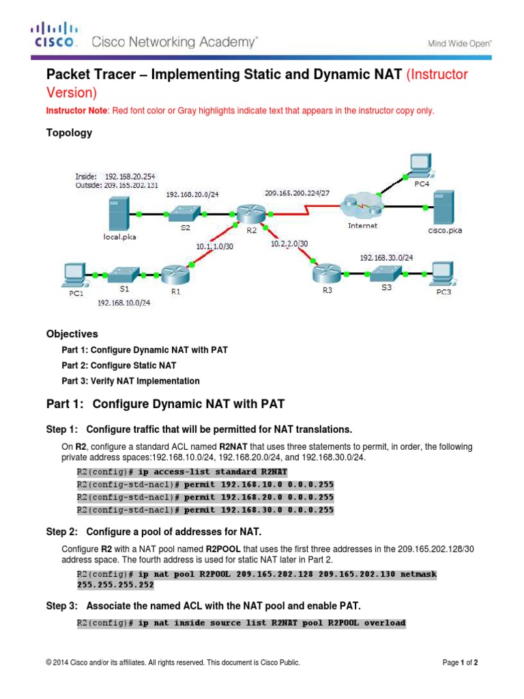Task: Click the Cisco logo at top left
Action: point(55,36)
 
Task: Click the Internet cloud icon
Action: point(359,203)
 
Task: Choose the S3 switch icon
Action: point(387,274)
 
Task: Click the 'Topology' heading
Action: point(69,133)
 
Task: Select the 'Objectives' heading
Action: point(72,334)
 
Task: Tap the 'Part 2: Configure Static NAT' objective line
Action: point(122,365)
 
